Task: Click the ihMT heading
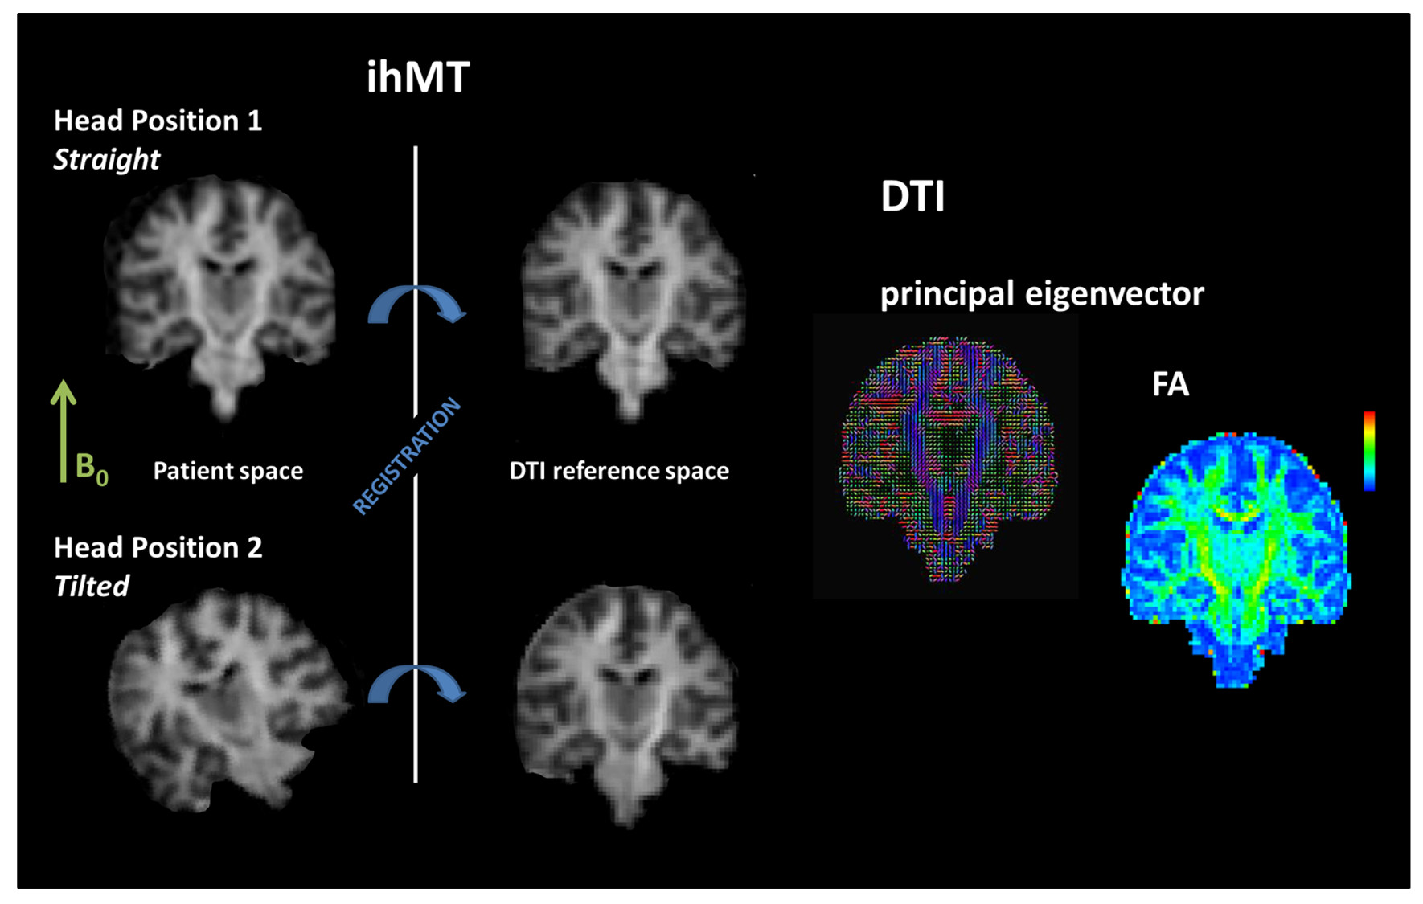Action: click(417, 77)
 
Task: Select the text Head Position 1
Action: click(158, 121)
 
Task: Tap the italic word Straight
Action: click(106, 159)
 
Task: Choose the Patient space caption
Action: click(228, 471)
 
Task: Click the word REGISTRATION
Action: click(407, 455)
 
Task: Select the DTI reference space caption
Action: click(619, 471)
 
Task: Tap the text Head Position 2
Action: click(158, 547)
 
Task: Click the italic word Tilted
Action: click(91, 586)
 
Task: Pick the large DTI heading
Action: click(912, 196)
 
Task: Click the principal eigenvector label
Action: click(1042, 294)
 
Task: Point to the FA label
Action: click(1170, 384)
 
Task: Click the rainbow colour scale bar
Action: click(1368, 451)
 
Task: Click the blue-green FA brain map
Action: click(1236, 558)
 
